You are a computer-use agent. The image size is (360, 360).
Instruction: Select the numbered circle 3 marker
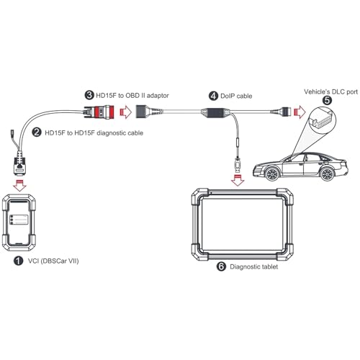89,94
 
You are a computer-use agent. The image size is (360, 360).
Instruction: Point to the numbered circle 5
328,102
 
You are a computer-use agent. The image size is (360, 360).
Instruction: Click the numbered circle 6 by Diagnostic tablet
221,266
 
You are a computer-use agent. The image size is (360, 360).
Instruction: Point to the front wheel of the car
272,175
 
